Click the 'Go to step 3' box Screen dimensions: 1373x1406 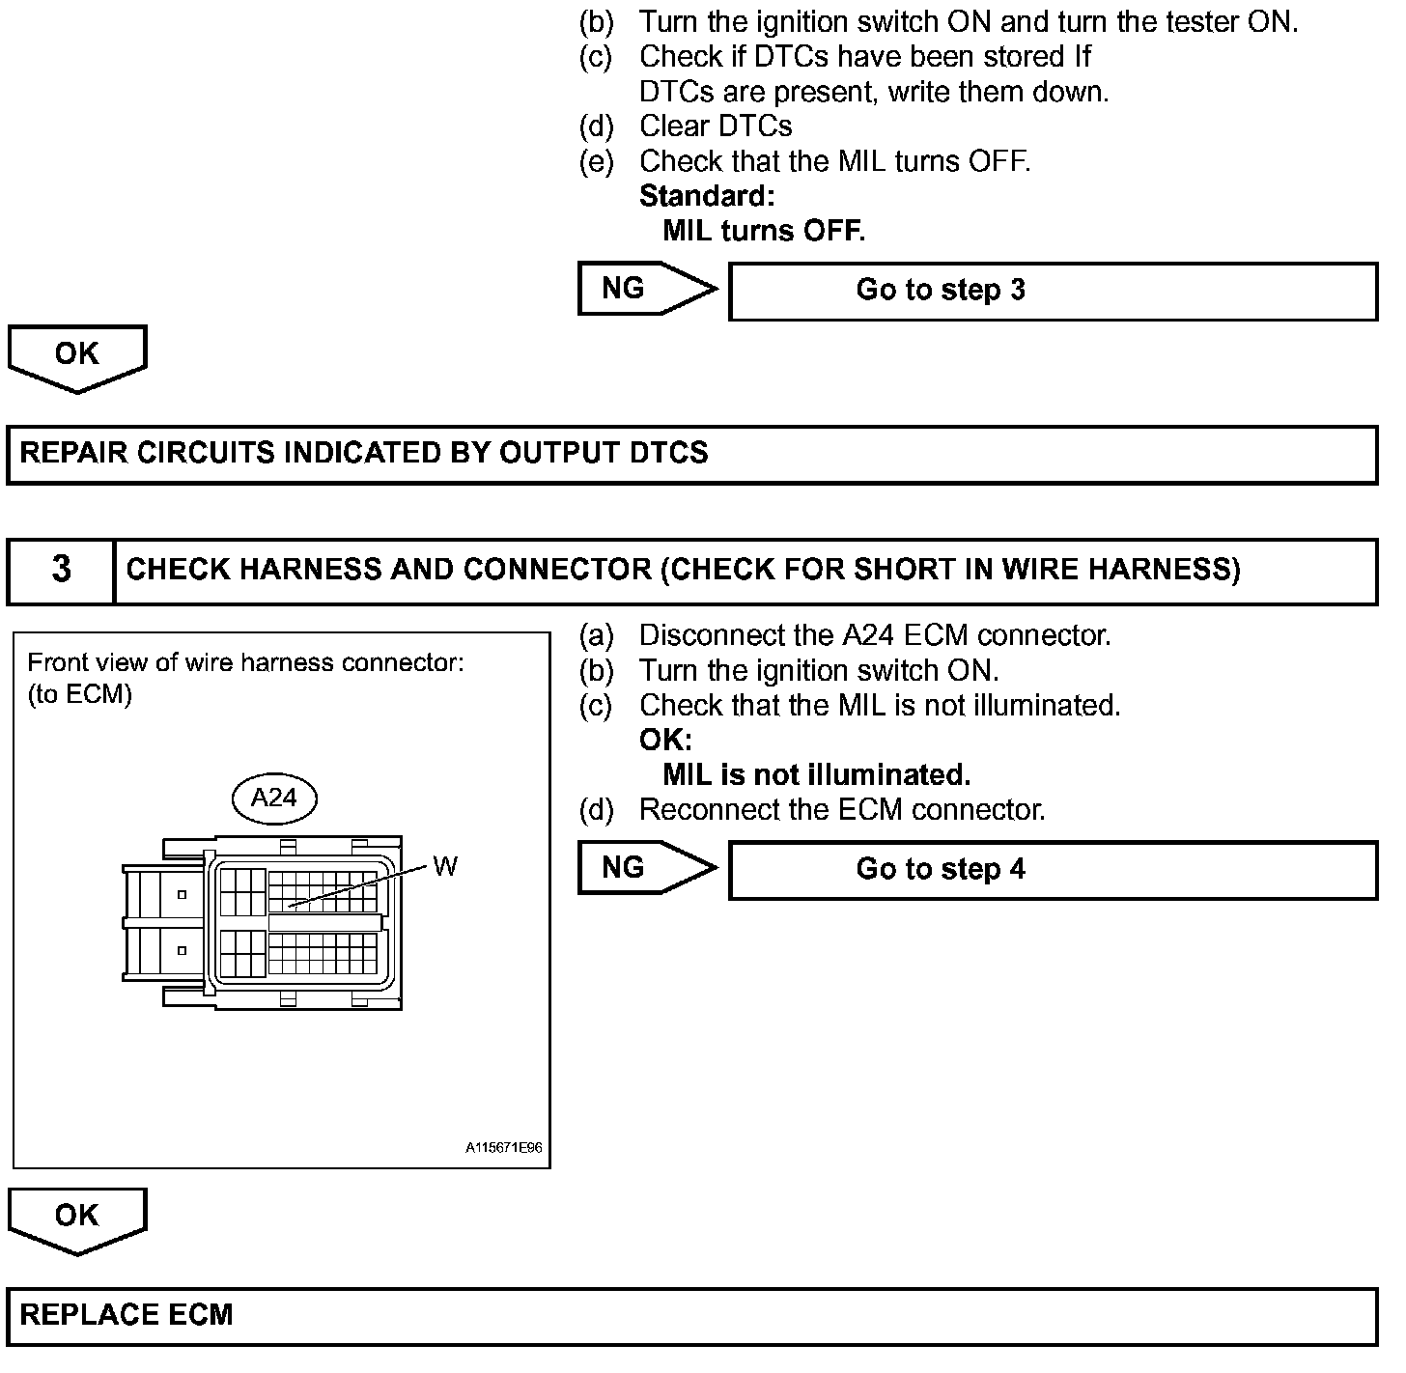point(1053,291)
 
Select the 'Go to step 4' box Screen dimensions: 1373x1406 point(1053,870)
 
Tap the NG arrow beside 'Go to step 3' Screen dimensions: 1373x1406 point(645,288)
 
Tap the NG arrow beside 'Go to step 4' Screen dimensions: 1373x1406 point(645,867)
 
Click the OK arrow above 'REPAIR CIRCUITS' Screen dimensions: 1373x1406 point(77,356)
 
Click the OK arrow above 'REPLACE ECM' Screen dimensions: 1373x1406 point(77,1218)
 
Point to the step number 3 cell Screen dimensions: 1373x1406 point(61,570)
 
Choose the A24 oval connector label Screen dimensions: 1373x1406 point(274,798)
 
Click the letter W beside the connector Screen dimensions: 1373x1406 point(444,866)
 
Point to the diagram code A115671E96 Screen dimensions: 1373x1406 point(503,1148)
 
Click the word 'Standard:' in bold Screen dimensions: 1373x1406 point(707,196)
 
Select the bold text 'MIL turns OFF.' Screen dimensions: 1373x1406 point(764,231)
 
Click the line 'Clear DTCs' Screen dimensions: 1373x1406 point(716,126)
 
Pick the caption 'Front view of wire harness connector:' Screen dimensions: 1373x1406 point(246,662)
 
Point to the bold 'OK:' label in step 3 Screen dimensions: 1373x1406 point(665,741)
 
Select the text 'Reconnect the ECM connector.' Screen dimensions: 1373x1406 point(842,809)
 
